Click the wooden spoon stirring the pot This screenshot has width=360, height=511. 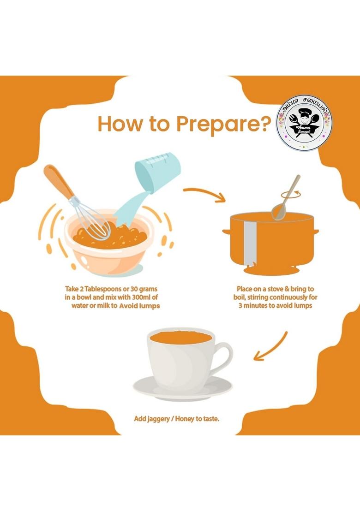coord(285,199)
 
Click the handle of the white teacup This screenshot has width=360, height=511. coord(223,357)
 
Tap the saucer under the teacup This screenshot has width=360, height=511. coord(183,388)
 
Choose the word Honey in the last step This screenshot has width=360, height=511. coord(185,419)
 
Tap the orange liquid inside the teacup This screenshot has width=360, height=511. coord(181,338)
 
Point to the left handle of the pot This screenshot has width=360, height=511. coord(227,232)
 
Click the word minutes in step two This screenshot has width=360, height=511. coord(259,306)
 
